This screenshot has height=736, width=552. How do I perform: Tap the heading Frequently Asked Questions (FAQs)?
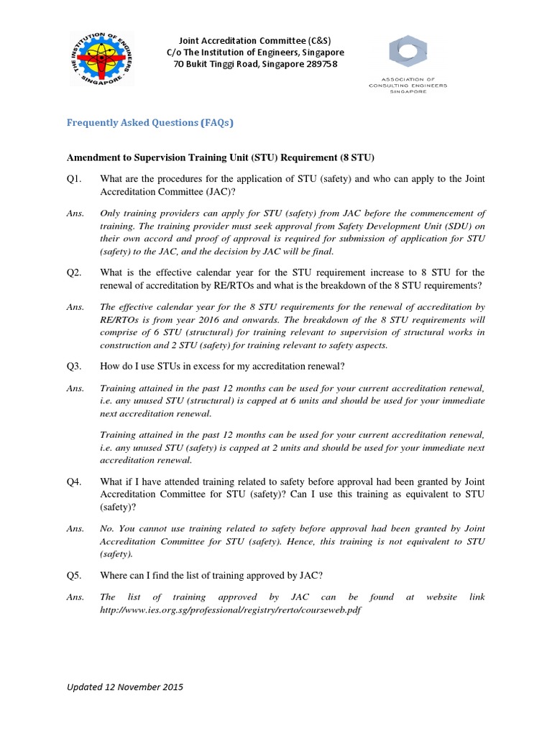[x=150, y=122]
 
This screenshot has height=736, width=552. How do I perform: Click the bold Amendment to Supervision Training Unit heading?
[x=221, y=157]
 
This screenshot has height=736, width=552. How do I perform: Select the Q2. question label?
[x=75, y=272]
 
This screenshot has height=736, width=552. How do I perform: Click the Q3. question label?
[x=75, y=366]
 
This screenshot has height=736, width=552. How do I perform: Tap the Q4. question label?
[x=75, y=482]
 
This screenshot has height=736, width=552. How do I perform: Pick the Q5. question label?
[x=75, y=575]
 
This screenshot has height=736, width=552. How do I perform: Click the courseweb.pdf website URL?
[x=231, y=609]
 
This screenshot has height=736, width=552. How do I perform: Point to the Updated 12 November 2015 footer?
[x=125, y=686]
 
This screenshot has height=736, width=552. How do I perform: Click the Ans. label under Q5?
[x=75, y=597]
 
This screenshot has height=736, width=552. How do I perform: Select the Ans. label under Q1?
[x=75, y=213]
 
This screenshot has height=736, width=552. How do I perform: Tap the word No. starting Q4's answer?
[x=107, y=528]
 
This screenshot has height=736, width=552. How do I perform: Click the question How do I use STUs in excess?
[x=223, y=366]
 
